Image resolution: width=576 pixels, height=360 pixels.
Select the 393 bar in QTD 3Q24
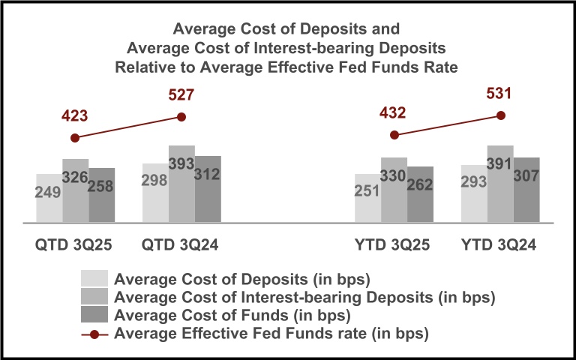181,184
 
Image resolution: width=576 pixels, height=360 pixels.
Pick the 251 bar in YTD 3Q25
367,198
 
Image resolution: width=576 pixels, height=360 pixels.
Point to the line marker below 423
74,138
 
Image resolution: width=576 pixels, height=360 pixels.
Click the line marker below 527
181,116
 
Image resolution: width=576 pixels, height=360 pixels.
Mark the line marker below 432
394,135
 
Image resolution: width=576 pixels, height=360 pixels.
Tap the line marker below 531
501,115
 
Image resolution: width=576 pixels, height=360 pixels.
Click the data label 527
181,95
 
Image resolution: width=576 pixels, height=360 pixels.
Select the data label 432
394,113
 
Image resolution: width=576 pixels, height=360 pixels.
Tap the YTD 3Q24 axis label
500,245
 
